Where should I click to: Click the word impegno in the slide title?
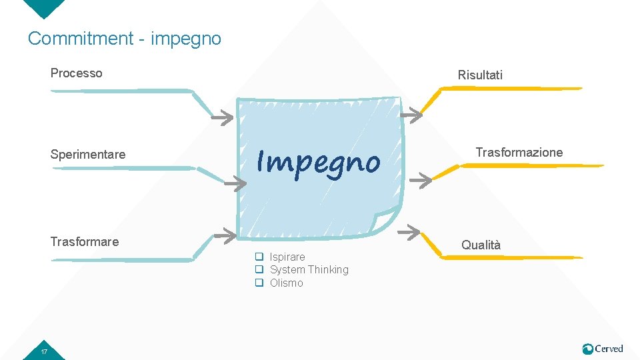coord(186,39)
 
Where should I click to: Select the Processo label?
coord(77,73)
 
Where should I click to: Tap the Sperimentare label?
coord(88,155)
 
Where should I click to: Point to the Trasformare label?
coord(85,241)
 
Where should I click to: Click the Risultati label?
coord(480,75)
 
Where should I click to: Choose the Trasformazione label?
coord(519,153)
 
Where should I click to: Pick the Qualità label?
coord(481,245)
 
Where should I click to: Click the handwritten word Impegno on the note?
coord(319,162)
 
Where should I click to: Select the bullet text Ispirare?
coord(287,257)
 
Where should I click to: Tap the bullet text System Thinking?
coord(309,269)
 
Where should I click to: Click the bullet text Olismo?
coord(286,283)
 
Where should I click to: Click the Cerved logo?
coord(603,349)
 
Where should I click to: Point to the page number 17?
coord(44,351)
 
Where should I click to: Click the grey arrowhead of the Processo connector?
coord(224,119)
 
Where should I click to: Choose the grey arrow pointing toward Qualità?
coord(409,231)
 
